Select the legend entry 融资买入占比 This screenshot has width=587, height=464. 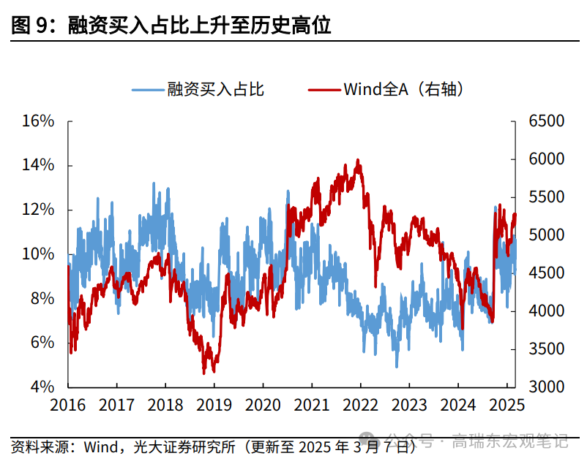click(215, 90)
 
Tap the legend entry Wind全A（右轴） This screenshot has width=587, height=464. click(404, 90)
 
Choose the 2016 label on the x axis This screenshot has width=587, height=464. click(68, 405)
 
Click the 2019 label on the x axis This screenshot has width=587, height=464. click(214, 405)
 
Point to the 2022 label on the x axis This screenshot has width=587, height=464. click(359, 405)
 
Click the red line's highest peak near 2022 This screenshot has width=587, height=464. click(358, 159)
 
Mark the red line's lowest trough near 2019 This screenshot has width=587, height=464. click(204, 373)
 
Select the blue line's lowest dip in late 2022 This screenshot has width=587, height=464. click(397, 367)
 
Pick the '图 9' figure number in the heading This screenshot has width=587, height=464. click(30, 26)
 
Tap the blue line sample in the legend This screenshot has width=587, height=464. click(147, 90)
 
